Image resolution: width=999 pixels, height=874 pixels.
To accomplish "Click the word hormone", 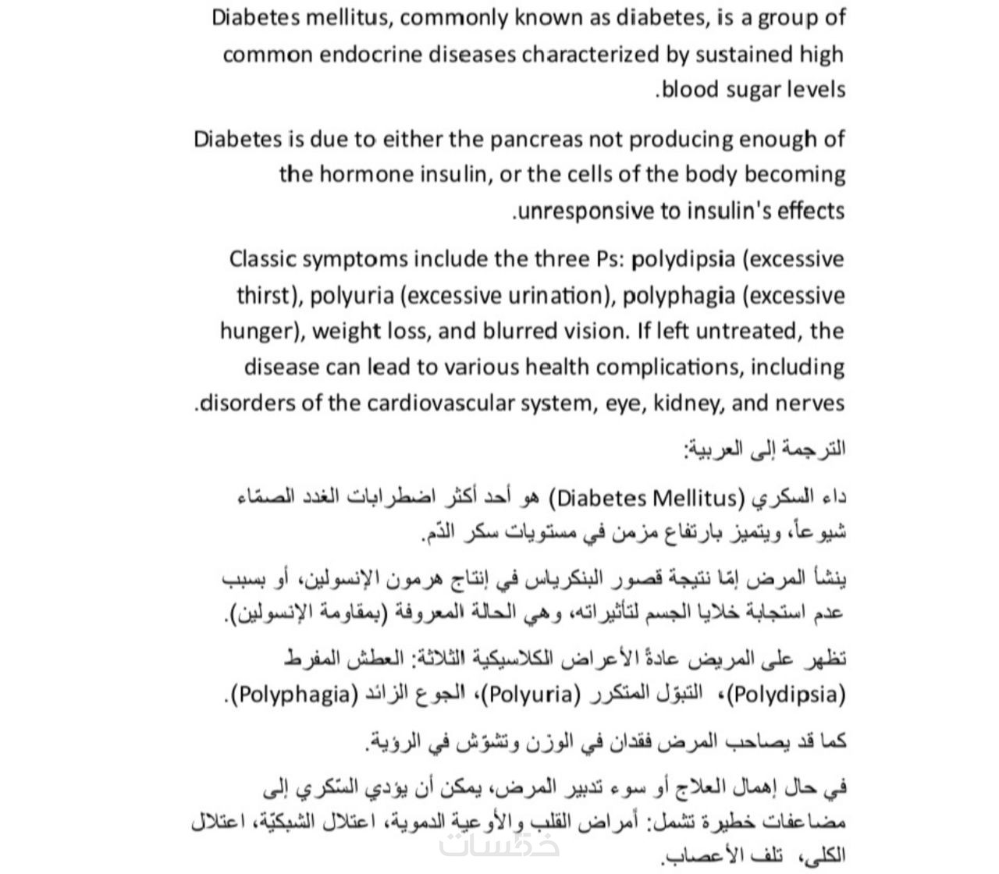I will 362,174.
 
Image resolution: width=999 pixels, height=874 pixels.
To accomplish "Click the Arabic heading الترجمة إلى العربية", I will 764,449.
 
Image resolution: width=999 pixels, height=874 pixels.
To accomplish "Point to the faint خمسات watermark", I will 499,844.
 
